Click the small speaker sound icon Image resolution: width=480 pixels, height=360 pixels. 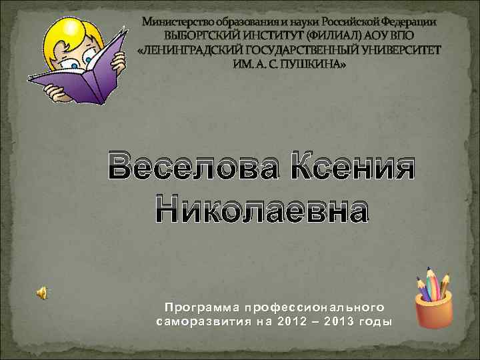pos(41,291)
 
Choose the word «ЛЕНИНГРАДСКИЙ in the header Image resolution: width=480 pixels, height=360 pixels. pos(199,51)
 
